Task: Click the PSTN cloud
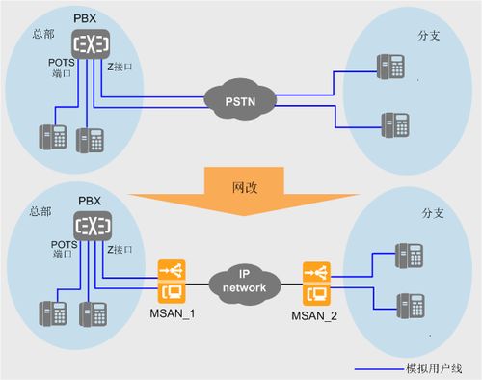pos(240,99)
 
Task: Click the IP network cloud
pos(244,283)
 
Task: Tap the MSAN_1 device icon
pos(172,282)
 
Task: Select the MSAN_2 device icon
pos(316,284)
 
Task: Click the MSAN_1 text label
pos(173,313)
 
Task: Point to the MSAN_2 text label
pos(314,315)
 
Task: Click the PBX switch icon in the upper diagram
pos(91,44)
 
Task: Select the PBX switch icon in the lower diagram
pos(93,226)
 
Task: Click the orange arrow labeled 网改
pos(245,191)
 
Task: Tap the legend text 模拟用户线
pos(434,368)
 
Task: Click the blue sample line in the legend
pos(380,369)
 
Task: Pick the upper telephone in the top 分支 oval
pos(390,67)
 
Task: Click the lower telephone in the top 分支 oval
pos(395,124)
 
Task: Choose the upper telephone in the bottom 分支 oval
pos(409,256)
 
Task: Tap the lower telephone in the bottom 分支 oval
pos(411,306)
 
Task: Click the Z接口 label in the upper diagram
pos(120,67)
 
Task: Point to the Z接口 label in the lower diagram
pos(120,249)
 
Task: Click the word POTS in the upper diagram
pos(62,63)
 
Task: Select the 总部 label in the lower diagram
pos(40,211)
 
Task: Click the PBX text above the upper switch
pos(85,18)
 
